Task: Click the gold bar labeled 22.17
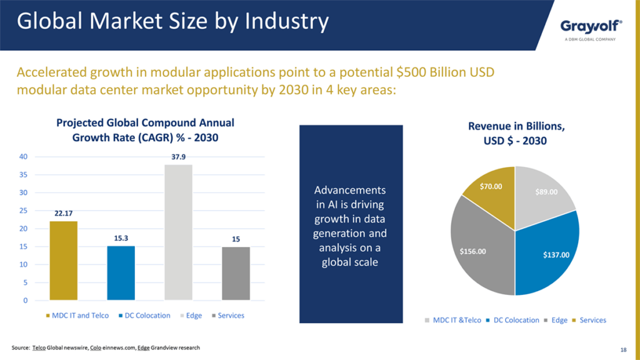(63, 261)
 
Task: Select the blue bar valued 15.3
(121, 273)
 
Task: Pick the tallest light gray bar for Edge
(178, 232)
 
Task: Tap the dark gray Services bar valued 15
(236, 274)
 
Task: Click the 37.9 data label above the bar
(179, 157)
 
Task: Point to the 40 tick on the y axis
(23, 157)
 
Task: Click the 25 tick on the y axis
(23, 211)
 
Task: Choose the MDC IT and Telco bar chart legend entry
(77, 316)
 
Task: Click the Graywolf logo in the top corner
(591, 26)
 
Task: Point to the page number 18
(622, 349)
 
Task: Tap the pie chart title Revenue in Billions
(516, 126)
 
